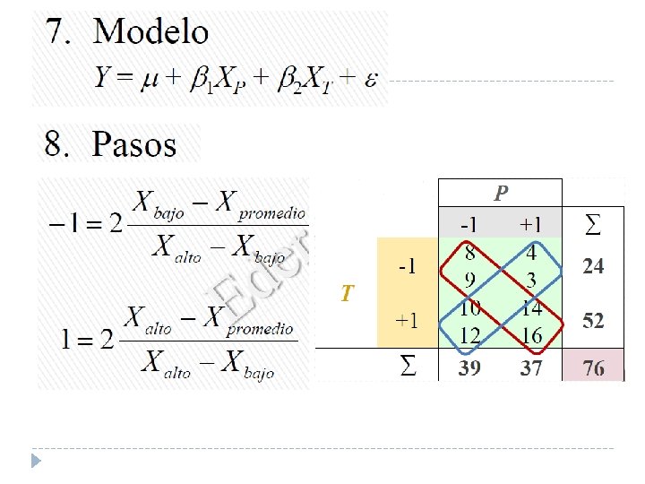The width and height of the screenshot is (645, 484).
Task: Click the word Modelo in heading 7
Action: click(151, 32)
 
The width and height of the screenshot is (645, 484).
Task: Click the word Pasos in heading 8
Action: click(134, 143)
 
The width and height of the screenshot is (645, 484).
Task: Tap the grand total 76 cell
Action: click(592, 368)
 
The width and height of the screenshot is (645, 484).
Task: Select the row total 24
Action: click(593, 266)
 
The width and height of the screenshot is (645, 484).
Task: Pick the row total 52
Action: click(593, 321)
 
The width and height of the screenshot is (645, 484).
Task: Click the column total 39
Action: click(469, 368)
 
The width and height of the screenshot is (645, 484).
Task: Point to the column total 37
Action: click(531, 368)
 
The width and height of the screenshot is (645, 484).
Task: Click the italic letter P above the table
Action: click(501, 193)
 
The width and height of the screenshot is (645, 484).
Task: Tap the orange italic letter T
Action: click(347, 293)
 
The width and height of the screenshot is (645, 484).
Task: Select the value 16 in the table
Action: click(531, 335)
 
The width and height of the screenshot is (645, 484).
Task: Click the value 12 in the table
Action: click(469, 335)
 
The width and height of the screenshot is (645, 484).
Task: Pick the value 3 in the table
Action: click(531, 281)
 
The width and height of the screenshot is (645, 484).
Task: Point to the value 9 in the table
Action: click(469, 281)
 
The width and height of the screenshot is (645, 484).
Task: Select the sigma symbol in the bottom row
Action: click(408, 368)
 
